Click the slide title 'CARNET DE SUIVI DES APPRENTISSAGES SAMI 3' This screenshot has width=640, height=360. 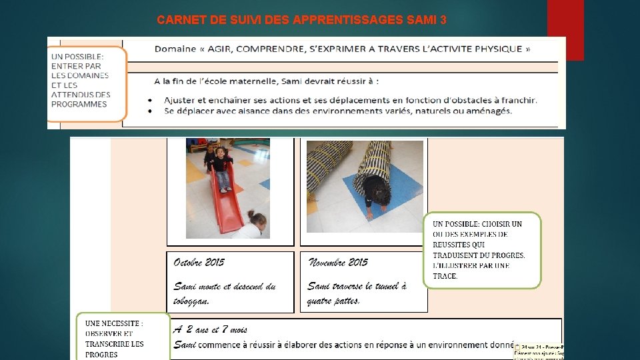pyautogui.click(x=301, y=20)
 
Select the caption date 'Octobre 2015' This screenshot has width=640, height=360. pyautogui.click(x=199, y=262)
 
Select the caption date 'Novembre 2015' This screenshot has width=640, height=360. pyautogui.click(x=337, y=262)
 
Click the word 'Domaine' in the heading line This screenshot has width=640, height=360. pyautogui.click(x=175, y=49)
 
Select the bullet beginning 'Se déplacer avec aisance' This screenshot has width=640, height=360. pyautogui.click(x=337, y=111)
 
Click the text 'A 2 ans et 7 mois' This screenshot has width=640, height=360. pyautogui.click(x=210, y=329)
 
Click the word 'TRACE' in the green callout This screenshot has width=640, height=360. pyautogui.click(x=445, y=276)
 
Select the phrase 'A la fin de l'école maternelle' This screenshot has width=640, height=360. pyautogui.click(x=220, y=81)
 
